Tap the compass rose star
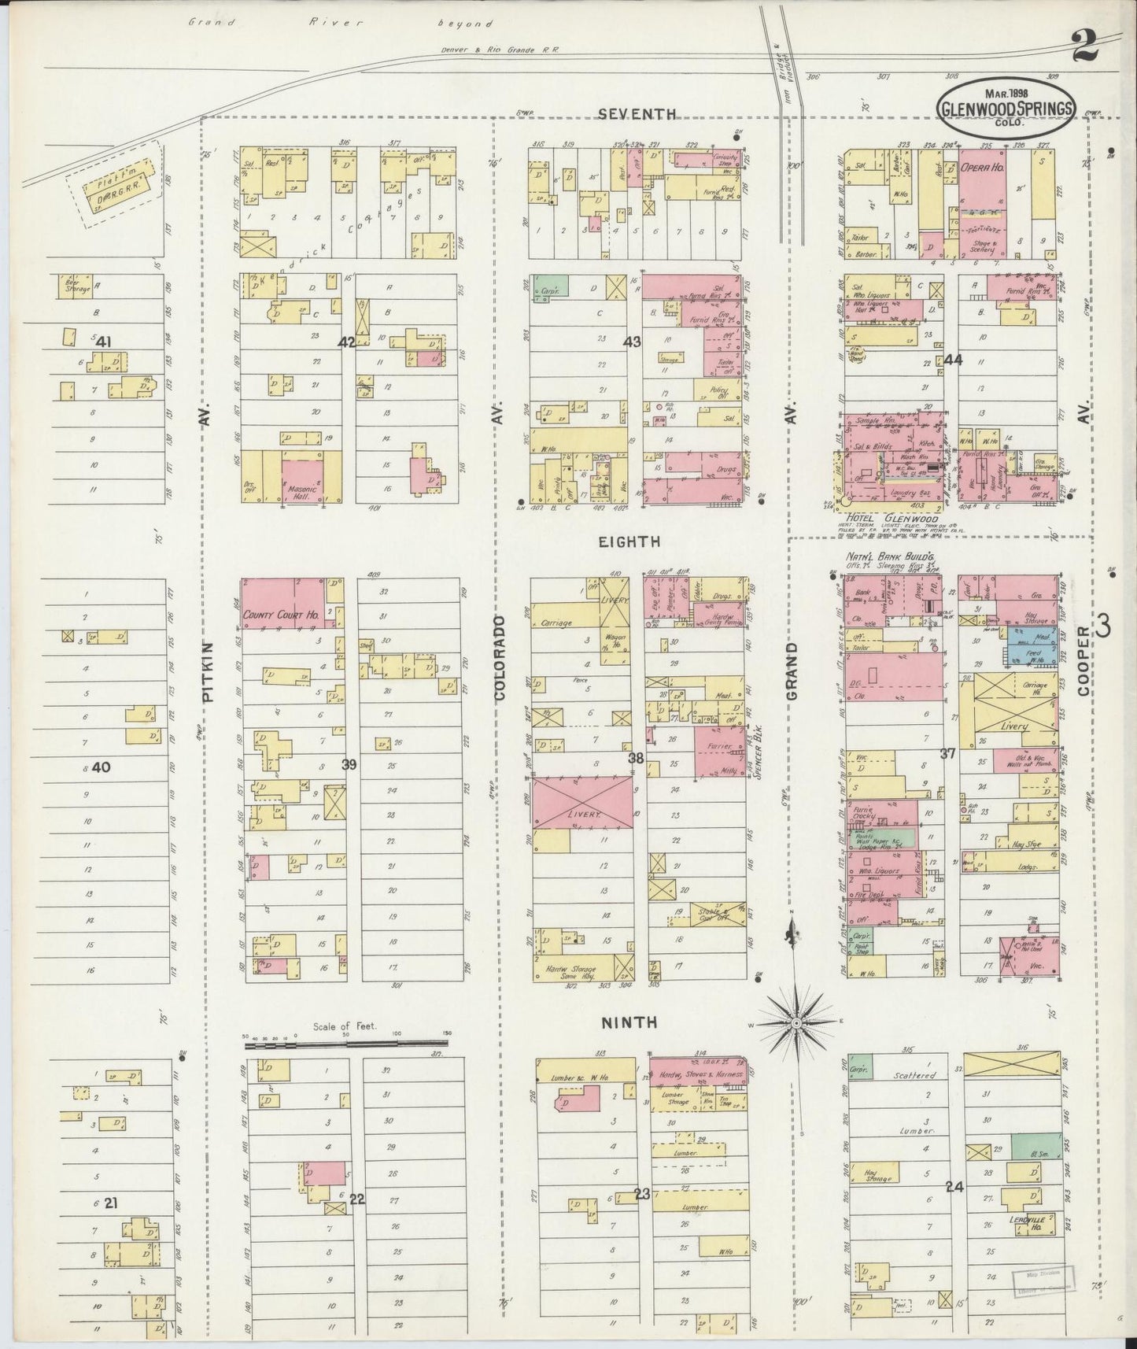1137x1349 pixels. click(x=796, y=1022)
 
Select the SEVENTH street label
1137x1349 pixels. click(x=637, y=113)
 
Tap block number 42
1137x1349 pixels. click(x=345, y=342)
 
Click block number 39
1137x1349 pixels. click(x=349, y=764)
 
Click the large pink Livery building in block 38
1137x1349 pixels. click(x=581, y=802)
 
